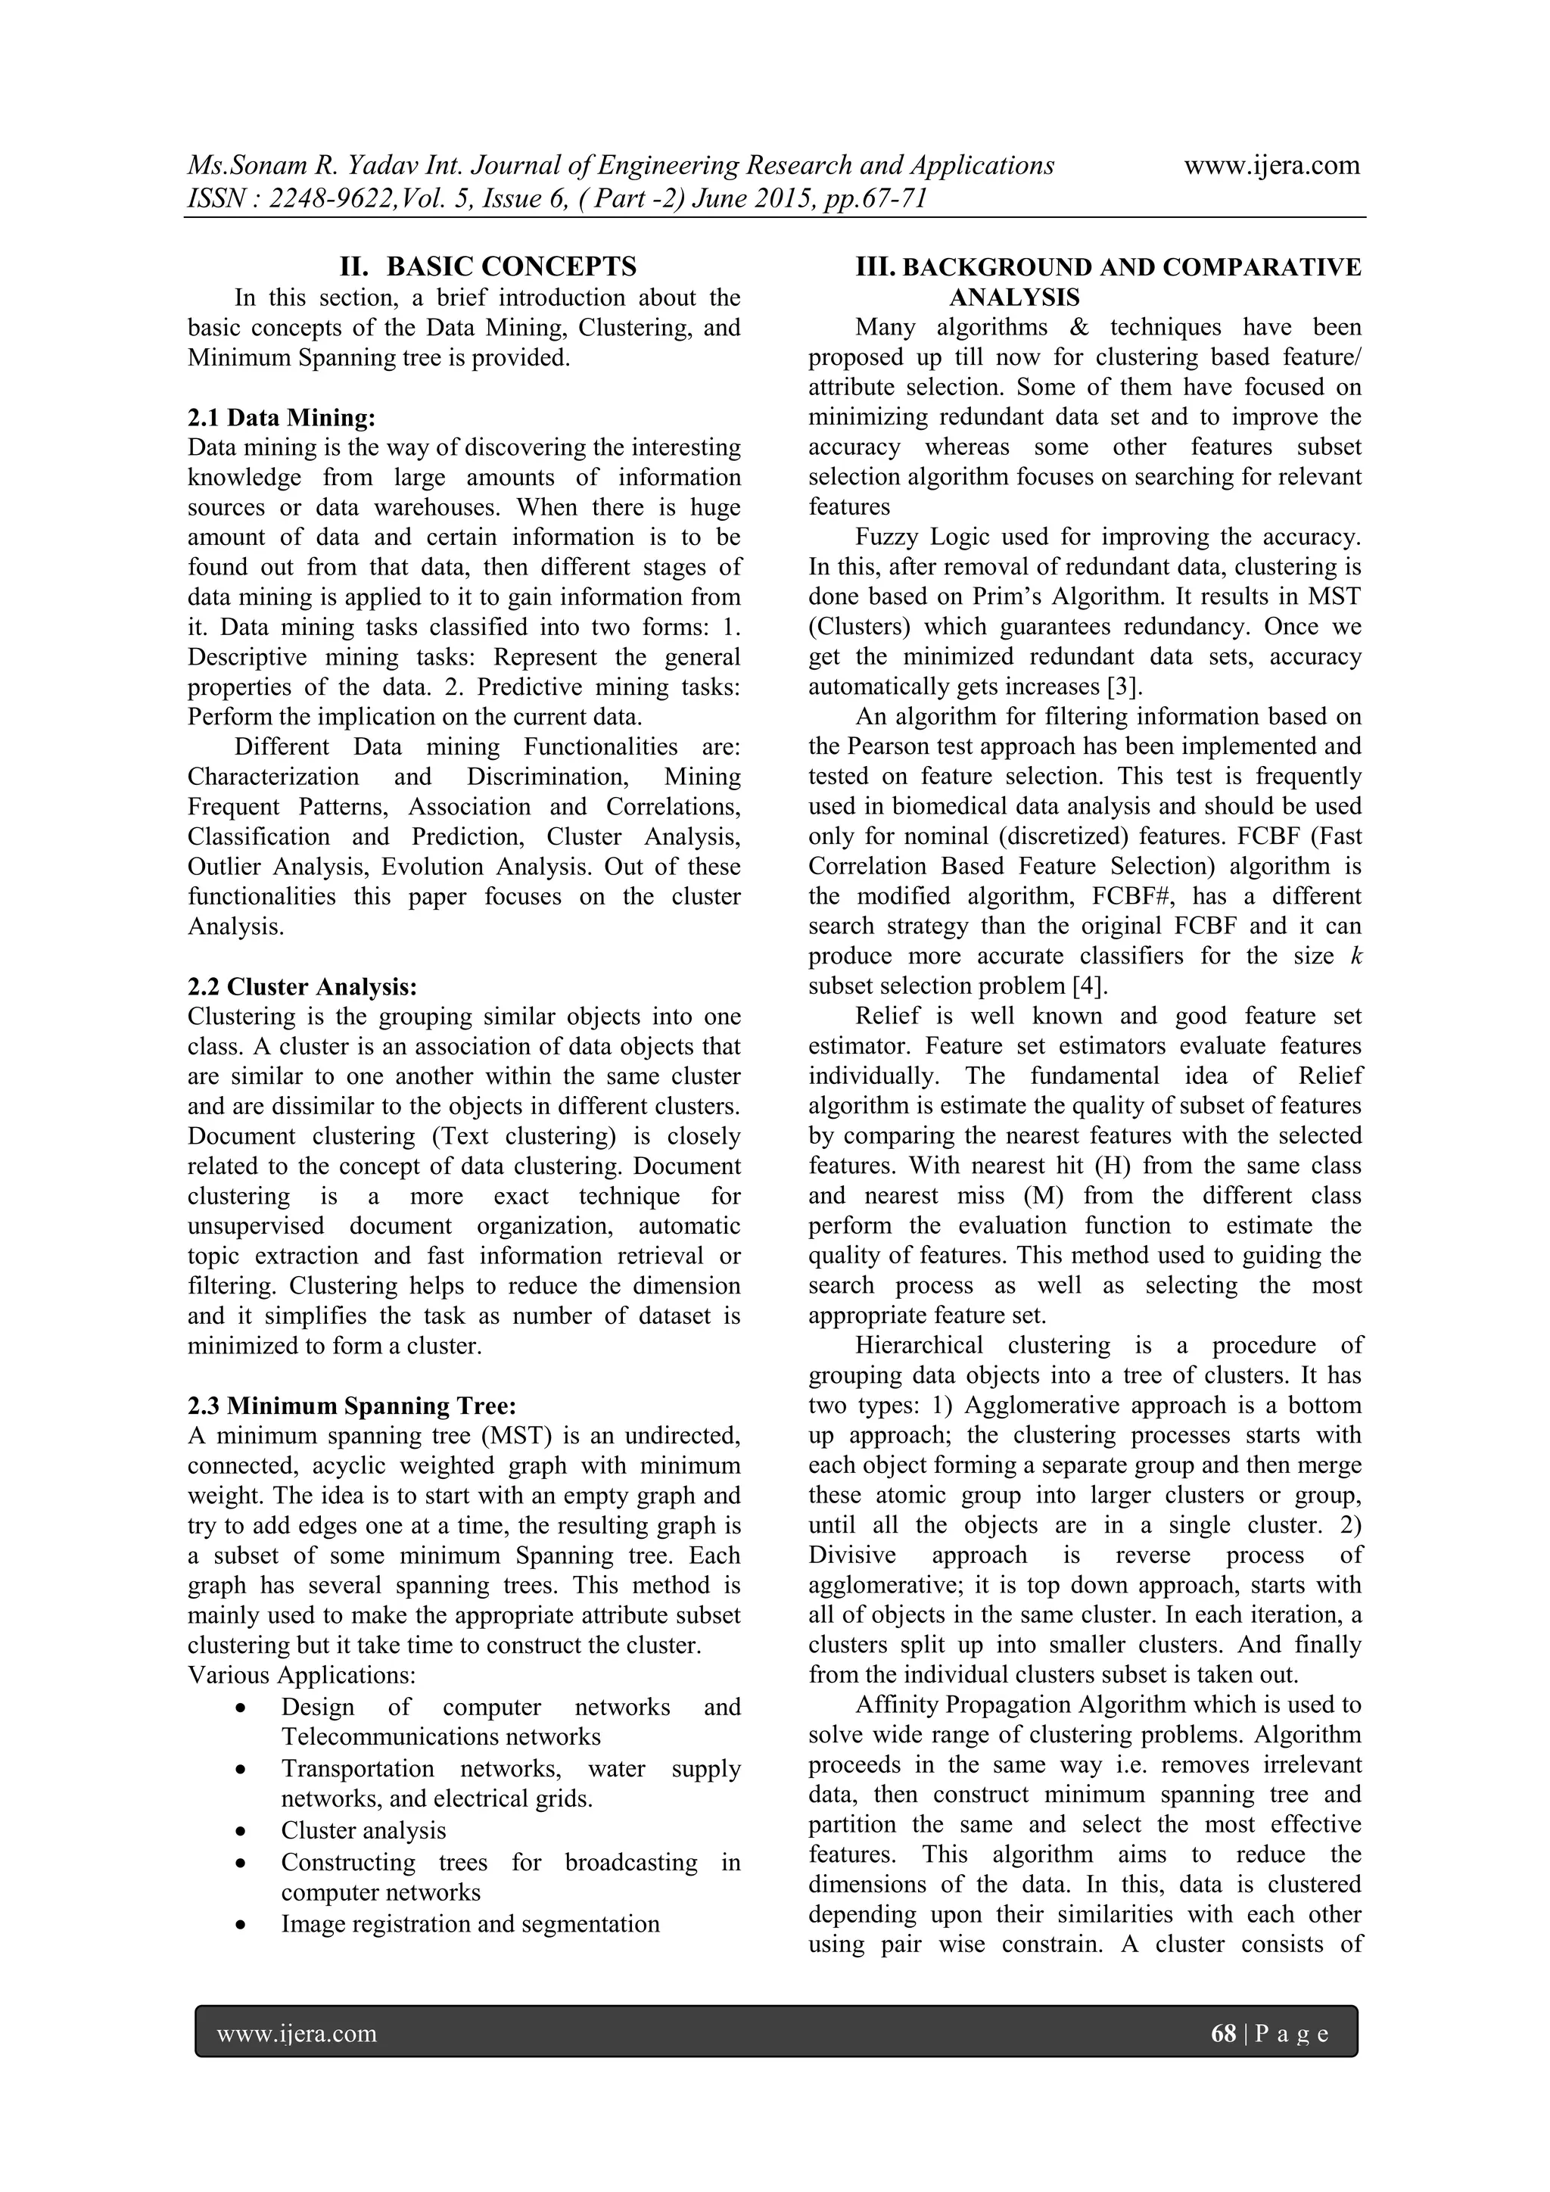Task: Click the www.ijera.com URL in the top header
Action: (x=1271, y=166)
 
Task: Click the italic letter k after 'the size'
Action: (x=1356, y=956)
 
